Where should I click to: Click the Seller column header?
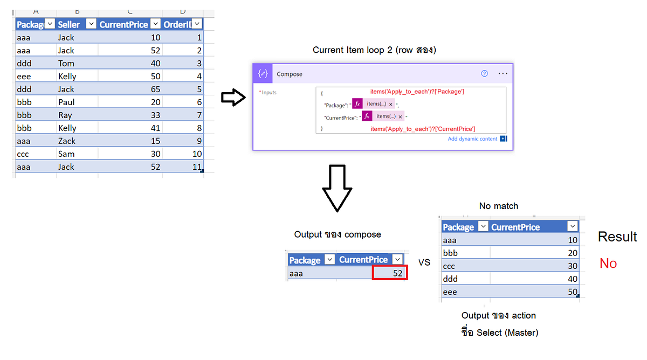coord(68,24)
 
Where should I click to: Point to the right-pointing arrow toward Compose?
coord(233,99)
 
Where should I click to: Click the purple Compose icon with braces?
coord(263,74)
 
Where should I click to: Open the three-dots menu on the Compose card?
coord(503,74)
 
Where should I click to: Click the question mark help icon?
coord(484,74)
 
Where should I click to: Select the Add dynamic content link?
coord(473,139)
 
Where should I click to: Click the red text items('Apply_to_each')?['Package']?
coord(417,92)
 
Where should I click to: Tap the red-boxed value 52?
coord(390,273)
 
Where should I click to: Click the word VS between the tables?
coord(424,262)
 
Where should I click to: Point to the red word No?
coord(608,264)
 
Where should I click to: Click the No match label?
coord(498,206)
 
